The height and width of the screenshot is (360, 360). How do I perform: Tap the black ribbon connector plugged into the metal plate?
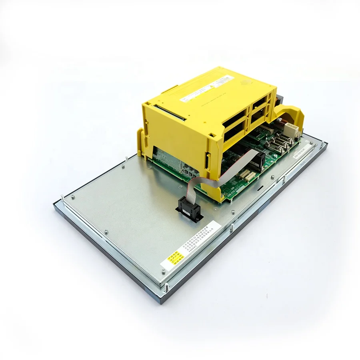point(189,207)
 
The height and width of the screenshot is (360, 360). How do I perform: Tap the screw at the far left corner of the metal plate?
point(73,196)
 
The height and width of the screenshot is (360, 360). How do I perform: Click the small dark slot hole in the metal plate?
point(260,186)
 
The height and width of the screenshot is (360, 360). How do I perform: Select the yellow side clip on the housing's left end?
point(140,142)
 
